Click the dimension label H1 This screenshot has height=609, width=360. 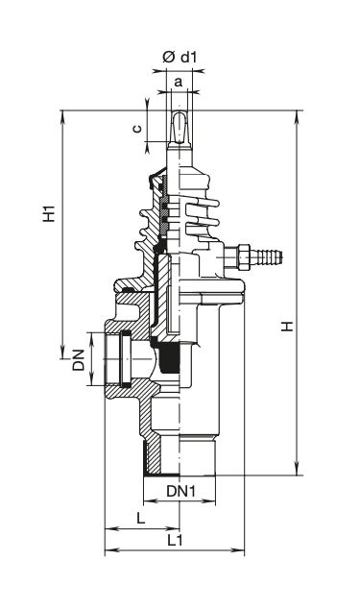[x=49, y=212]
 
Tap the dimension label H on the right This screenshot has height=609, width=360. [x=287, y=326]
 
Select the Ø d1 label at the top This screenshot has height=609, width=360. [x=180, y=58]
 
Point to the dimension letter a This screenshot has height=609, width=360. [x=178, y=82]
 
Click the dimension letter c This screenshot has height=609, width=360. [x=137, y=129]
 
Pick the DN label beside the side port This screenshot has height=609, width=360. [x=79, y=359]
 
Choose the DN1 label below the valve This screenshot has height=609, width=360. [x=181, y=491]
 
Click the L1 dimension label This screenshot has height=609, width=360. [x=175, y=540]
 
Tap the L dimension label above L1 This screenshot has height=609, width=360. [x=140, y=518]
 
